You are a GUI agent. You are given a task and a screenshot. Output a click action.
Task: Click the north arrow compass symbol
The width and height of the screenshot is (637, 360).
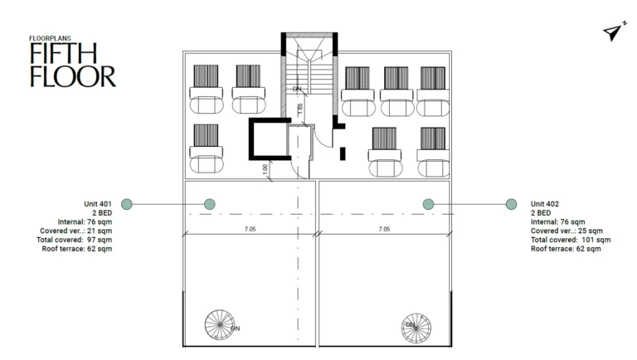pyautogui.click(x=612, y=32)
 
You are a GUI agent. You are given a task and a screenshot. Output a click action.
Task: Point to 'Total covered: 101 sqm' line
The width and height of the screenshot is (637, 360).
pyautogui.click(x=571, y=240)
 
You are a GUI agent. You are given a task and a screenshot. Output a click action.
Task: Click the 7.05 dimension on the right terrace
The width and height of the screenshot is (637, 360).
pyautogui.click(x=385, y=228)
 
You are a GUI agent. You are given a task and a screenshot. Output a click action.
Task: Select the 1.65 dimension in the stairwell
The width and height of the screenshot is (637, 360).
pyautogui.click(x=300, y=107)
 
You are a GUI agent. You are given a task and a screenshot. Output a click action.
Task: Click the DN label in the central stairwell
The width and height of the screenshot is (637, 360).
pyautogui.click(x=297, y=89)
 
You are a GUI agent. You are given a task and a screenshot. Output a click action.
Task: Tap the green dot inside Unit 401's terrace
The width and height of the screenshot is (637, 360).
pyautogui.click(x=209, y=204)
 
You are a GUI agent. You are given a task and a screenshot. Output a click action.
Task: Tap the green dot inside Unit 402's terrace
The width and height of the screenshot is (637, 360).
pyautogui.click(x=429, y=204)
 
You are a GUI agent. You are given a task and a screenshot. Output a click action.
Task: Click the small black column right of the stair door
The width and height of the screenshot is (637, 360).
pyautogui.click(x=343, y=152)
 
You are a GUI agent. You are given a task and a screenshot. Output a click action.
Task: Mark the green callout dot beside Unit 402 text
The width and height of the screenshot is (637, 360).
pyautogui.click(x=510, y=204)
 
